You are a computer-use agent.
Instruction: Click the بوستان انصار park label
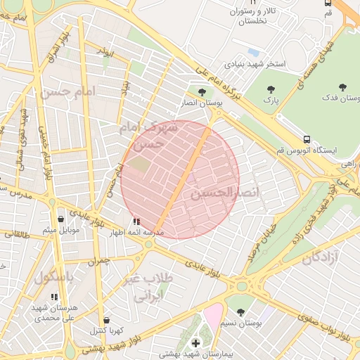point(201,103)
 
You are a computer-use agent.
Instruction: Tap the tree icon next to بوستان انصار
point(202,91)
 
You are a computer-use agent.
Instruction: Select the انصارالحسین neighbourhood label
point(225,192)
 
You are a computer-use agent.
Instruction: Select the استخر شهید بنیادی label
point(254,64)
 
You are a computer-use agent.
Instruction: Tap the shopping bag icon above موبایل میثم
point(60,218)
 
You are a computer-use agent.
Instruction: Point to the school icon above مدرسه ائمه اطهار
point(136,221)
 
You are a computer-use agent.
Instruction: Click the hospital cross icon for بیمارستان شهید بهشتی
point(195,342)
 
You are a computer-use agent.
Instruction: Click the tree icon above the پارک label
point(271,89)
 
